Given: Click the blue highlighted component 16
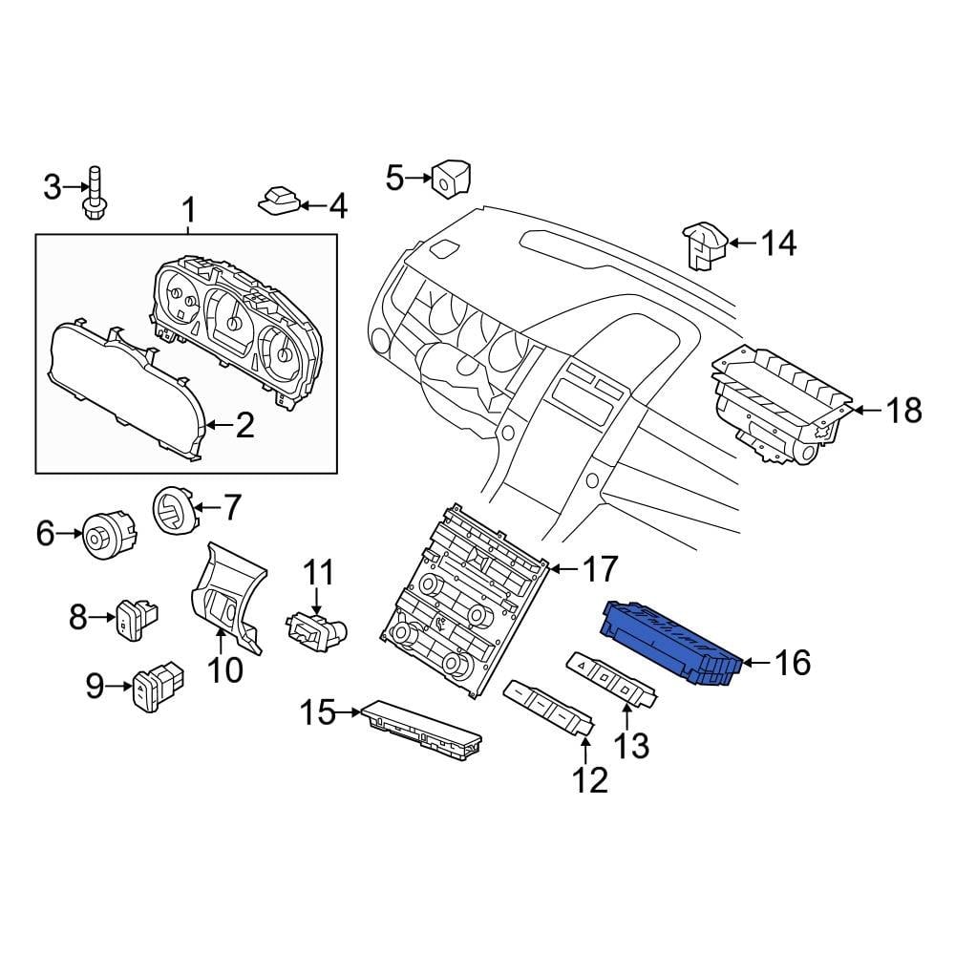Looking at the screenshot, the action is [671, 645].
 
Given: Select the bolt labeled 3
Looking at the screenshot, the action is [95, 193].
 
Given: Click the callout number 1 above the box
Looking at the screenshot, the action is [189, 211].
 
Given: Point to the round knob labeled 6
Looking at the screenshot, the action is [109, 535].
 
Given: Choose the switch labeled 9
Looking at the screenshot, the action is [158, 685].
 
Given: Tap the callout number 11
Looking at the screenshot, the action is [319, 573].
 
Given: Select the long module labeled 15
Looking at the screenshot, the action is [421, 729].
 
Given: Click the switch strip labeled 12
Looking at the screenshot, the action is [548, 708].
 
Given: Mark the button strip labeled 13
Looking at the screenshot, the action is [611, 679].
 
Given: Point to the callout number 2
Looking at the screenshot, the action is [244, 425].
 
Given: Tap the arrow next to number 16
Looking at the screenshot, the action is [757, 663].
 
